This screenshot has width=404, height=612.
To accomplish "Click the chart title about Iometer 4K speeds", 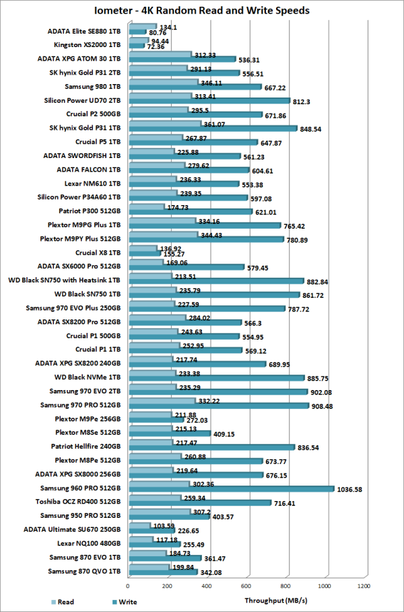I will pos(202,11).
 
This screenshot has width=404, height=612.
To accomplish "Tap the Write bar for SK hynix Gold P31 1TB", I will pos(212,128).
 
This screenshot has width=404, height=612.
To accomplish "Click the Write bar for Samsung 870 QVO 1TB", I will pos(162,573).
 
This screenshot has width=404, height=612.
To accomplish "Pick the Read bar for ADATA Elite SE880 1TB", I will pos(141,27).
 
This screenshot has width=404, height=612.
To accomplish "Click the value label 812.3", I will pos(303,101).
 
